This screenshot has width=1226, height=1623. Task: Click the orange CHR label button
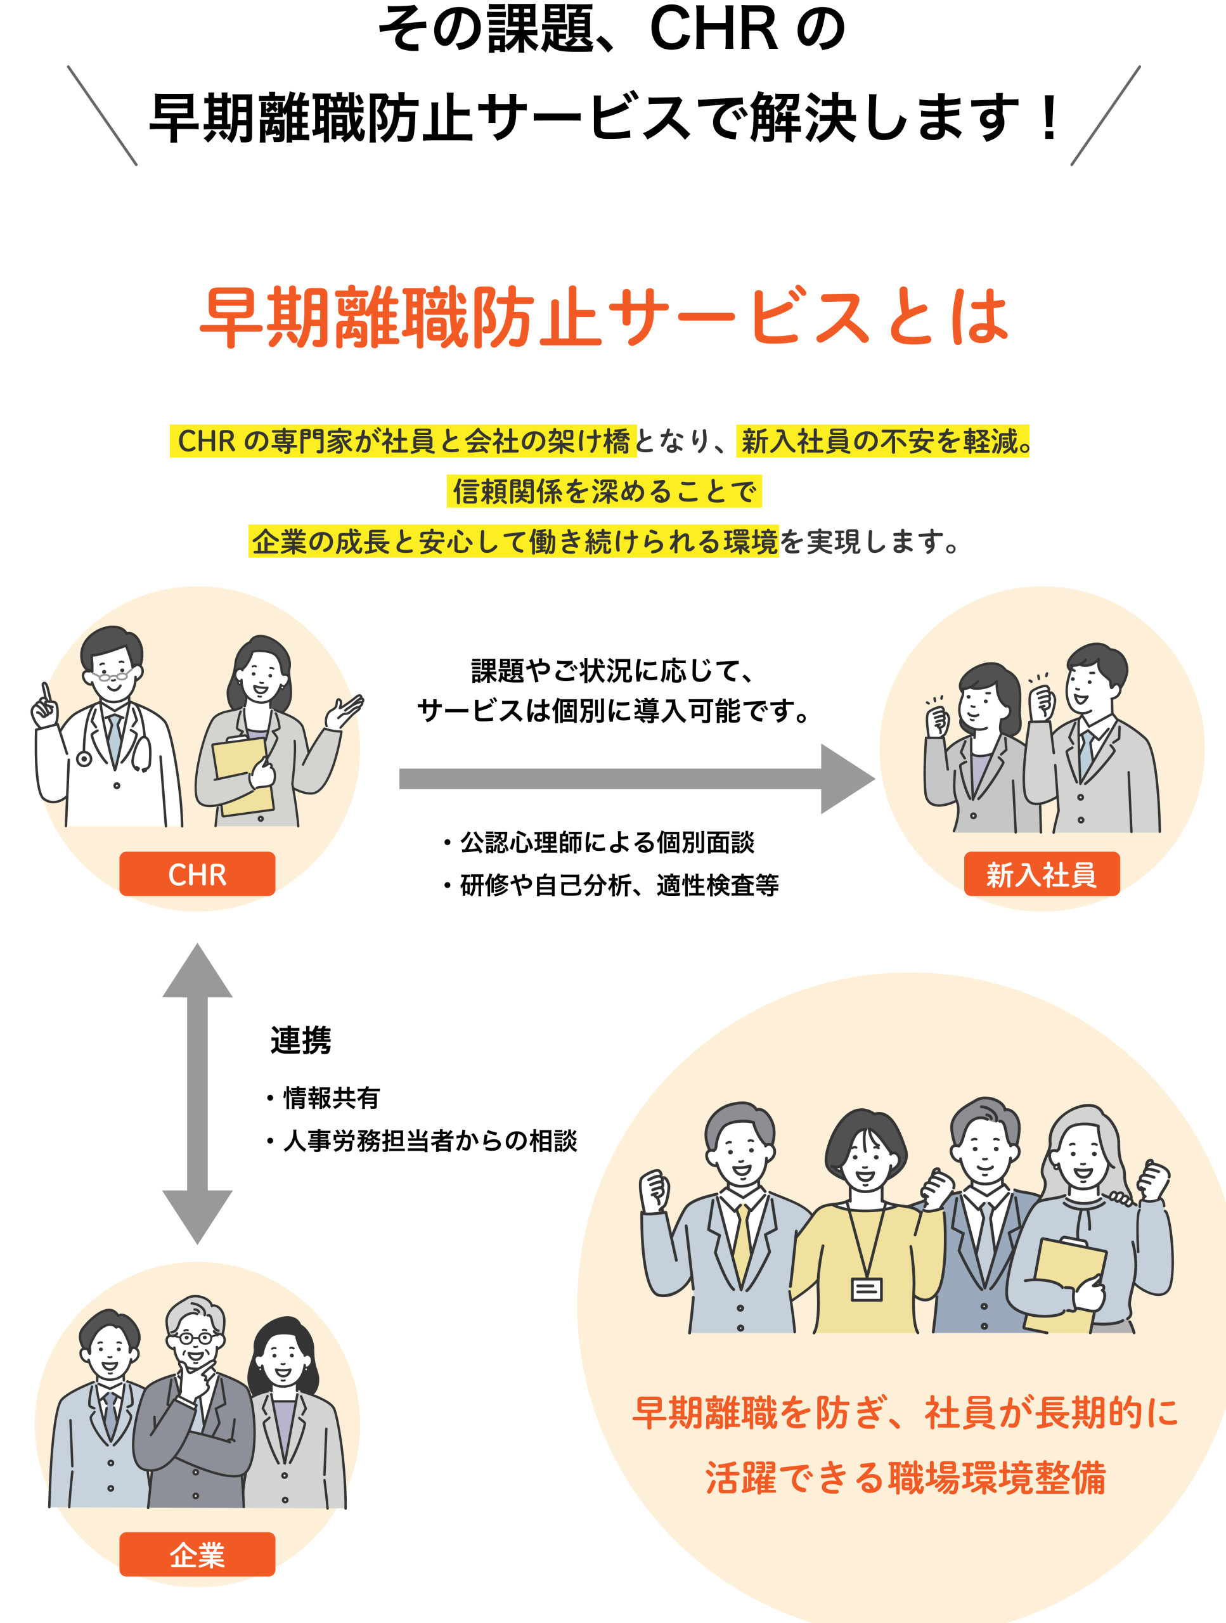tap(197, 874)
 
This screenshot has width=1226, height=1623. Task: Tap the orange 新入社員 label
tap(1041, 874)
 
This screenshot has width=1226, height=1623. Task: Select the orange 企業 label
tap(197, 1554)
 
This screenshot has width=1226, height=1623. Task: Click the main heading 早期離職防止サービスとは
tap(605, 317)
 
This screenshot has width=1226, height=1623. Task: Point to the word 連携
tap(301, 1040)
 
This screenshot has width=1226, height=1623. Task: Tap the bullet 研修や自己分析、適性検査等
tap(619, 886)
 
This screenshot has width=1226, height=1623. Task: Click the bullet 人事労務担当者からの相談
tap(430, 1141)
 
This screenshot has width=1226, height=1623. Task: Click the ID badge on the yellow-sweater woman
tap(867, 1289)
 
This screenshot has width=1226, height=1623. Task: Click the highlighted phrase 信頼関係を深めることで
tap(604, 491)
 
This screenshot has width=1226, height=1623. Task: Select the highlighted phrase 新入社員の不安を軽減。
tap(882, 441)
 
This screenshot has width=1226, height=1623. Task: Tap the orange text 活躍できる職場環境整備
tap(905, 1478)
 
